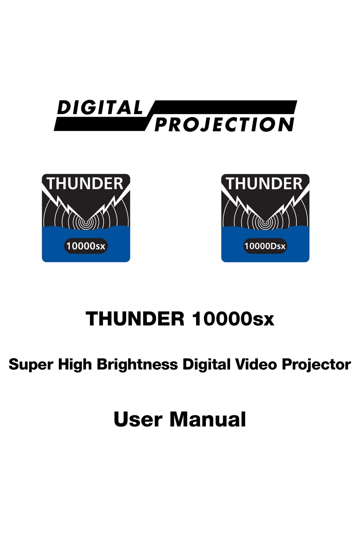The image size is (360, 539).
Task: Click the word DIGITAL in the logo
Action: point(99,108)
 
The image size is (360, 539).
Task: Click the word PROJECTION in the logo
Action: point(224,125)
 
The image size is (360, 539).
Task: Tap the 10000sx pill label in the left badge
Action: point(86,246)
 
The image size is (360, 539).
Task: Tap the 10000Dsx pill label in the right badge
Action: point(265,246)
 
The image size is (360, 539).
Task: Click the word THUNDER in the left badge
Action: point(86,184)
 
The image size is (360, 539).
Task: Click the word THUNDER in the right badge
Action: point(265,184)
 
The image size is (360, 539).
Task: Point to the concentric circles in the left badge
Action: point(86,222)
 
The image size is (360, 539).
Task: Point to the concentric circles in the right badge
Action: point(265,222)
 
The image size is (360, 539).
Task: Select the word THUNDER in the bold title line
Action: point(135,318)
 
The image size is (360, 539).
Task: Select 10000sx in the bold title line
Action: point(233,318)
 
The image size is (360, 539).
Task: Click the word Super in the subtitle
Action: point(31,365)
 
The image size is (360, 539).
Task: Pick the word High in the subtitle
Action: point(75,365)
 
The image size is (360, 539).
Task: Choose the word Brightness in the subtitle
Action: point(137,365)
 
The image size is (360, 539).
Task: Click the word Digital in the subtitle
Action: point(207,365)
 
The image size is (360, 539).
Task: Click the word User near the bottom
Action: point(138,420)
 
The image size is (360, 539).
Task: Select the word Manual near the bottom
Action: point(208,420)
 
